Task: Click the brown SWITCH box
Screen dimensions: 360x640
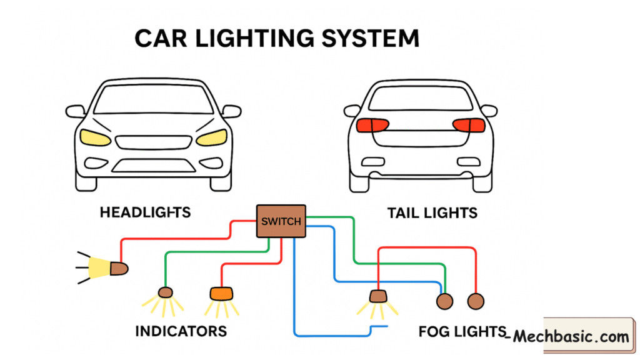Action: coord(281,221)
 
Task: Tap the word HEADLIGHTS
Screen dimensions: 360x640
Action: coord(145,212)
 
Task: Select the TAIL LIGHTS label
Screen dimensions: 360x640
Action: coord(432,213)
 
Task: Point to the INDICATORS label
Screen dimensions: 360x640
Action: coord(181,330)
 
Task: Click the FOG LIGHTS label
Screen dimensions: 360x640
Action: coord(461,331)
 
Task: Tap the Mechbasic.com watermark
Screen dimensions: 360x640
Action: coord(571,337)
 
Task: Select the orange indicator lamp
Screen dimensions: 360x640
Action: coord(220,292)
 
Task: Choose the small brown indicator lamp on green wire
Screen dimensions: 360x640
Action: coord(165,292)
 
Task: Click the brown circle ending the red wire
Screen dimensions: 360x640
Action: coord(476,301)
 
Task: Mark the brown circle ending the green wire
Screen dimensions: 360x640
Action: coord(444,301)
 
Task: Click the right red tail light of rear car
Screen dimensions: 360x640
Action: coord(469,124)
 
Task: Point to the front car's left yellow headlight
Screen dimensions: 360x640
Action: coord(95,137)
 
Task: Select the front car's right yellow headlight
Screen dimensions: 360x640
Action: coord(212,137)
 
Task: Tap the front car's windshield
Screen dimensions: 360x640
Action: coord(154,100)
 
